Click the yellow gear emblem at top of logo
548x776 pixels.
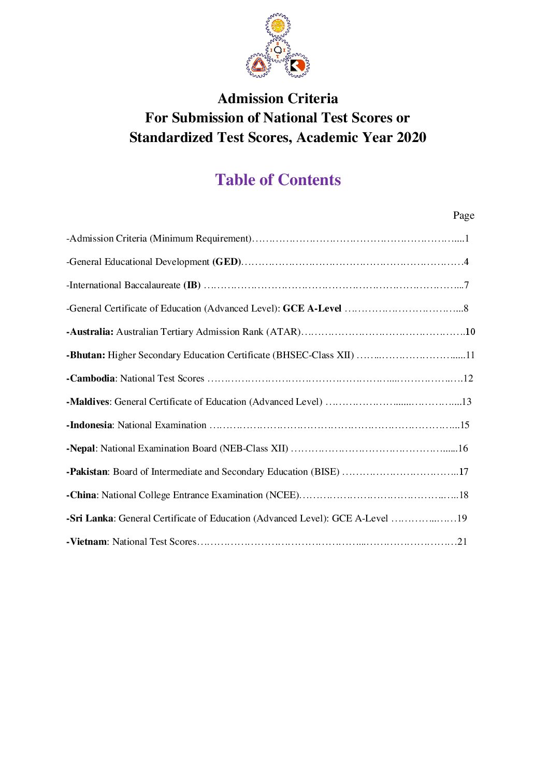278,25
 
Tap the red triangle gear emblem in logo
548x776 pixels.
258,65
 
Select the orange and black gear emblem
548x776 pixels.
297,65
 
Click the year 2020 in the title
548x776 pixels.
411,137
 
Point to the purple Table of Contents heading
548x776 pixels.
278,180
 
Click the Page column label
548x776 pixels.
464,215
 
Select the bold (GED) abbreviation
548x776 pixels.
227,262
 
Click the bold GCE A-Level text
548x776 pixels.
312,308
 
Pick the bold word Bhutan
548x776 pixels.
87,355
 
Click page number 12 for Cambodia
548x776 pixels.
468,378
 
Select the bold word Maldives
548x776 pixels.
89,402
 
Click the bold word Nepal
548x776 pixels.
82,448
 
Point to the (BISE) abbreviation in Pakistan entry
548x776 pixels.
325,472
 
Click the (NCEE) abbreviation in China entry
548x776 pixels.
282,495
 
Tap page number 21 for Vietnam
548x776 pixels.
462,542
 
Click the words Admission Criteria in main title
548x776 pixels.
278,98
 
